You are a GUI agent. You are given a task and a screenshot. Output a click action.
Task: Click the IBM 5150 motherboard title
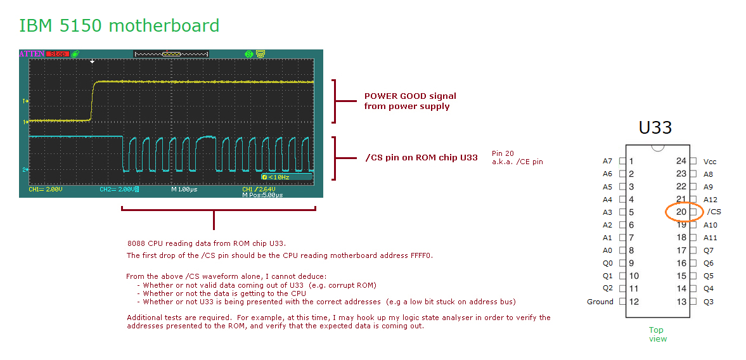point(119,26)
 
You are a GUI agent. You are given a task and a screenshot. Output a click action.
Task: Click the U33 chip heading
point(655,127)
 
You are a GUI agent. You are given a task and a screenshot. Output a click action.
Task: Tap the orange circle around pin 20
point(684,212)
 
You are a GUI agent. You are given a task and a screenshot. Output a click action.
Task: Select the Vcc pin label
point(710,162)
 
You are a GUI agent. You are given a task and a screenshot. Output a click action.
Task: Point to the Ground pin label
point(601,302)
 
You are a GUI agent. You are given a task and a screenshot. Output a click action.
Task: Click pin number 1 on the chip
point(631,161)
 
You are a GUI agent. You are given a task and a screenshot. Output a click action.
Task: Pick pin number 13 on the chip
point(681,302)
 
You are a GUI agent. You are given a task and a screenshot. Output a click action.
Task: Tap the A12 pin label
point(711,200)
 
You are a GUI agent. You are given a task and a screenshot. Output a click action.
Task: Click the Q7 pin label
point(708,250)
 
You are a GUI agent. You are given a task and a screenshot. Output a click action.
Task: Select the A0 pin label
point(607,250)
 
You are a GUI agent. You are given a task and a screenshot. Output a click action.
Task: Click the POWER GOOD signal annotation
point(410,101)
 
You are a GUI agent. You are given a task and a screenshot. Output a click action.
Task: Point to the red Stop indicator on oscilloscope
point(57,54)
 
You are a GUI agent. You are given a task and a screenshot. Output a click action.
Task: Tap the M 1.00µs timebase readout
point(188,190)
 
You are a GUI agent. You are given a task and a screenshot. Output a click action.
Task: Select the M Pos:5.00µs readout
point(262,195)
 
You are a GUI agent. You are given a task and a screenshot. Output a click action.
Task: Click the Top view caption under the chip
point(657,334)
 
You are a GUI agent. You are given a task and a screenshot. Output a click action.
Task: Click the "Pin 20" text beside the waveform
point(503,153)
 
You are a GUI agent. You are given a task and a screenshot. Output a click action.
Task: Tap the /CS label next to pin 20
point(714,212)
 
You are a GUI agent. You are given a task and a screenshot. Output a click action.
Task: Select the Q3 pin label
point(708,302)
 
